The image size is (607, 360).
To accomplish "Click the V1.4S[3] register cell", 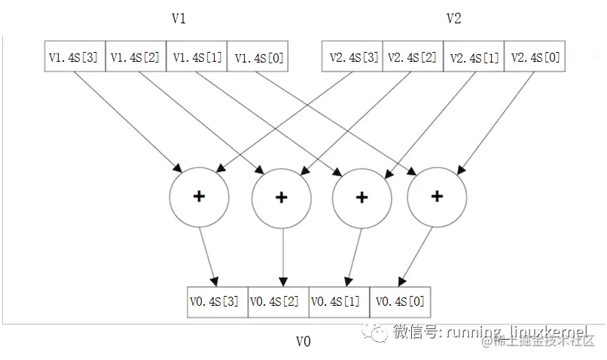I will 75,56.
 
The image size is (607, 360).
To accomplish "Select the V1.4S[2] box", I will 136,56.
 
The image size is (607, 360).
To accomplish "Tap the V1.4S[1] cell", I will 197,56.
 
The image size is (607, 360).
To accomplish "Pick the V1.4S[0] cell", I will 258,56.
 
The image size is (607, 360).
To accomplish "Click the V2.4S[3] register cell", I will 352,56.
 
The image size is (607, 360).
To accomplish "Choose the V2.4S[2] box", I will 413,56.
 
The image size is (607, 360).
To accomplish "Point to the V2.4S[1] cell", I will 474,56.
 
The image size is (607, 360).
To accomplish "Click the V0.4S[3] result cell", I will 217,301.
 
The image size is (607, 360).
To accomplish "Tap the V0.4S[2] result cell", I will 278,301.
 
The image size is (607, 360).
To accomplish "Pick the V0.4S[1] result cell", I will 339,301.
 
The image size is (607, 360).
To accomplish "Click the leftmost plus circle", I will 199,197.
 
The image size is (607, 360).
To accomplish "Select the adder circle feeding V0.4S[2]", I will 281,197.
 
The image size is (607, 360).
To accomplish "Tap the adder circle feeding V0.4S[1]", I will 361,197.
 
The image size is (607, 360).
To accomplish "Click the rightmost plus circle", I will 436,197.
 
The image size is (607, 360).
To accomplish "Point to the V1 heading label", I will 178,19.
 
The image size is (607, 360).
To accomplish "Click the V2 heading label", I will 453,19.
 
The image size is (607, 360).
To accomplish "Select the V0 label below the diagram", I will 303,341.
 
